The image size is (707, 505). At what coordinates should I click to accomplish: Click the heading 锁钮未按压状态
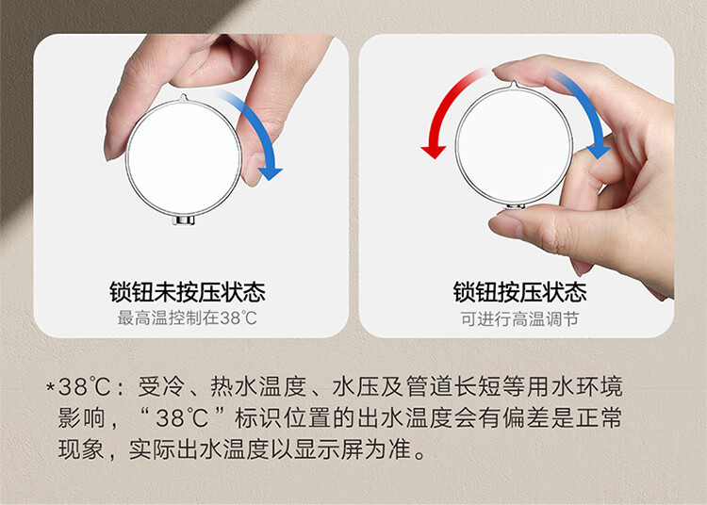pos(188,292)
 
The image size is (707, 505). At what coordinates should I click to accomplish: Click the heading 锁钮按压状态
pos(519,292)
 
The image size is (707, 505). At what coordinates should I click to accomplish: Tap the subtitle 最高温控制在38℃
pos(188,318)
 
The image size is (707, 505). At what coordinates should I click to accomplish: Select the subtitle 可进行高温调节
pos(519,319)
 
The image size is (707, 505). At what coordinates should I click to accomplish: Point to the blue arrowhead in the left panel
pos(271,173)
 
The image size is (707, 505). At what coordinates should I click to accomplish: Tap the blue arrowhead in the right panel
pos(600,152)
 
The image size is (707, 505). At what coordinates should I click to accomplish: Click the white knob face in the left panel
pos(183,156)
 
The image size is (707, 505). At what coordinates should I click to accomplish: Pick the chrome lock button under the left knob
pos(184,220)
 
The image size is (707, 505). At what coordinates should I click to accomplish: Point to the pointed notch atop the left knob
pos(183,97)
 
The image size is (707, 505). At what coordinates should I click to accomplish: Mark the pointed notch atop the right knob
pos(514,85)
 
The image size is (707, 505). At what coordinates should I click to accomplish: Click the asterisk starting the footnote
pos(51,386)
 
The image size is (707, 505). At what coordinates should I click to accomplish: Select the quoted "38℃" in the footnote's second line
pos(182,417)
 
